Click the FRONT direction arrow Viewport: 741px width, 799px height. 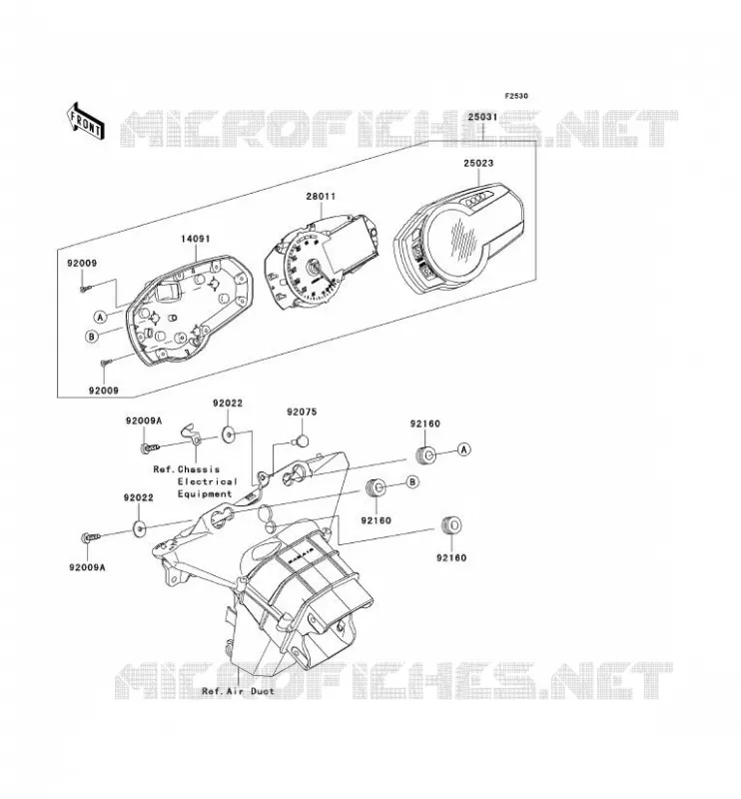tap(86, 120)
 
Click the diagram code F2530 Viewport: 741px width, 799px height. tap(516, 96)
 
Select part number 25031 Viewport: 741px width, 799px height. tap(482, 117)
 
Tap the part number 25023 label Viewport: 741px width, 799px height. tap(478, 164)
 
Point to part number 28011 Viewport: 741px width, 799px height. tap(321, 196)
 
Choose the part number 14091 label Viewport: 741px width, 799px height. tap(195, 239)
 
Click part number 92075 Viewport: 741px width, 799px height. tap(302, 411)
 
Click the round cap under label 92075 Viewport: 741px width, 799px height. tap(302, 439)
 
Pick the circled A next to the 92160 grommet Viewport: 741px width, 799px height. tap(463, 448)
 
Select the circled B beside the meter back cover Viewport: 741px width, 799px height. tap(92, 337)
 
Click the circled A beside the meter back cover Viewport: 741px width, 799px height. tap(101, 317)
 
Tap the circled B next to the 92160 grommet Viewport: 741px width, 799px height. tap(412, 481)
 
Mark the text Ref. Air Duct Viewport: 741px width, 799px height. tap(238, 691)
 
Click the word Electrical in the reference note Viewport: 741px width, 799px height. tap(208, 481)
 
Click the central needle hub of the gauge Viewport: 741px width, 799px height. tap(312, 266)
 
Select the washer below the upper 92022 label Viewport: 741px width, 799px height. tap(228, 434)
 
